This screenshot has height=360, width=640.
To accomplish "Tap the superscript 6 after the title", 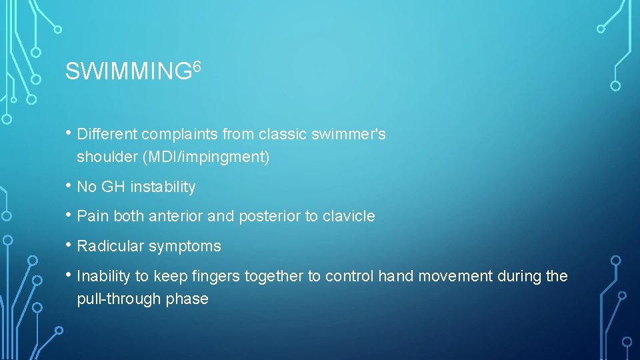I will point(197,65).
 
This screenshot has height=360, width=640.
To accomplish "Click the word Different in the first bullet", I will point(105,134).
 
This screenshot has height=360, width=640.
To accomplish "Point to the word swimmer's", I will point(354,134).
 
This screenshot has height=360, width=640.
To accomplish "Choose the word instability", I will point(163,187).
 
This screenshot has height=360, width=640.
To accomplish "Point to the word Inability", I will point(104,276).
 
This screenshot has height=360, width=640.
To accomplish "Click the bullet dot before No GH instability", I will point(69,187).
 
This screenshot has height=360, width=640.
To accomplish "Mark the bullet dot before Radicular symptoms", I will point(69,245).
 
